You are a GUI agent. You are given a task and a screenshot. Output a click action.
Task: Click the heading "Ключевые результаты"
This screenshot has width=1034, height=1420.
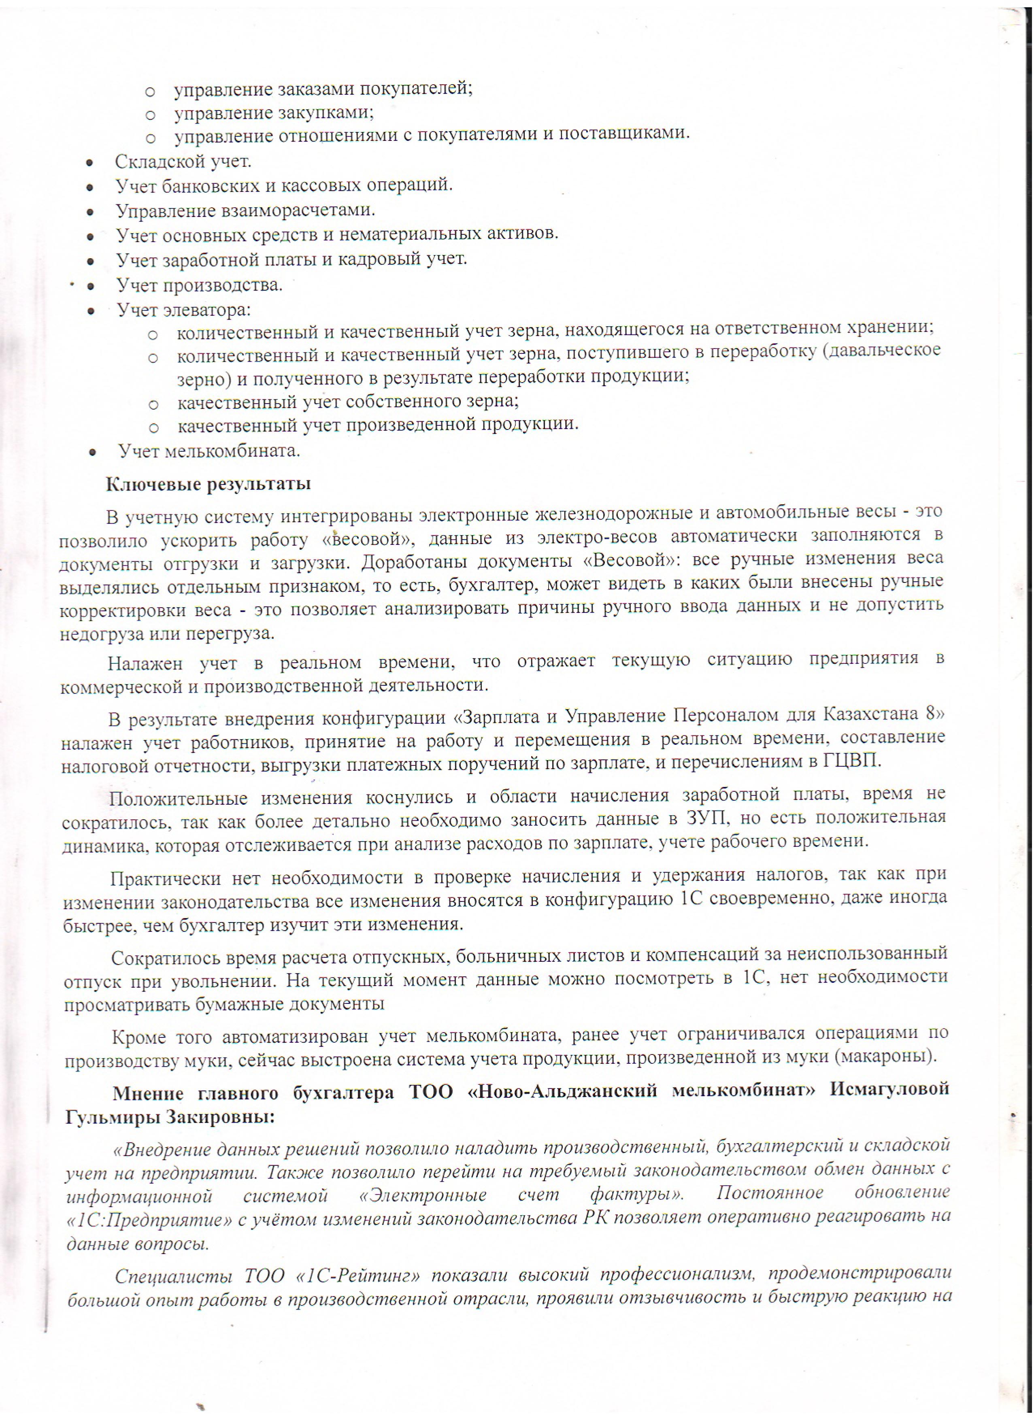click(208, 484)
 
